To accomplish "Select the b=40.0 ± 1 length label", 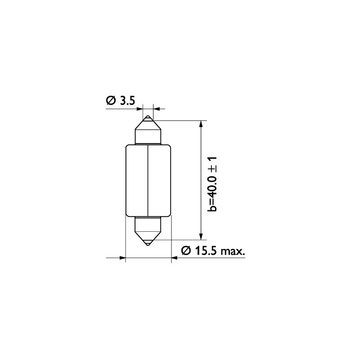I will click(x=212, y=184).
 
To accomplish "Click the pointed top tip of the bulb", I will click(x=148, y=118).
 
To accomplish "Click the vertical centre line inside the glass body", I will click(x=148, y=180).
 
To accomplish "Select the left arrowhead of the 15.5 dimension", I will click(x=122, y=258).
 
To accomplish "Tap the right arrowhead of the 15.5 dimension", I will click(x=175, y=258).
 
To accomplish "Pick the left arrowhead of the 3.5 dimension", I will click(x=139, y=108).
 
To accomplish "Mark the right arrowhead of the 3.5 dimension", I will click(x=156, y=108).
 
